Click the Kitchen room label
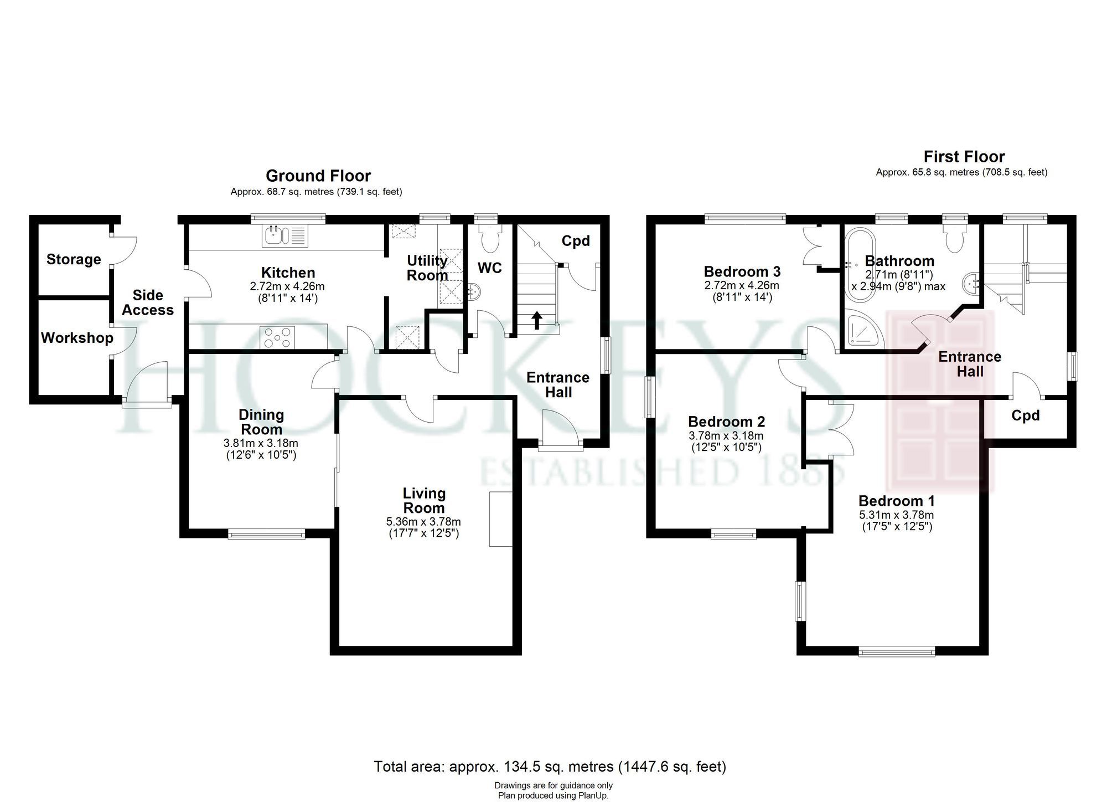(x=288, y=273)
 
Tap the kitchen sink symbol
(x=285, y=237)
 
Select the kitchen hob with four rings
(x=277, y=337)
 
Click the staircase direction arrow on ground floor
(x=536, y=320)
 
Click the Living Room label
(x=424, y=500)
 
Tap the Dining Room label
(x=261, y=422)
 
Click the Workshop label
(x=77, y=337)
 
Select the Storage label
(x=74, y=259)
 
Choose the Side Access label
(x=148, y=302)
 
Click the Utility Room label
(x=427, y=268)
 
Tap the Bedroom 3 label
(x=742, y=271)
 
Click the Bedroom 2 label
(x=726, y=422)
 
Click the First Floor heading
(x=964, y=156)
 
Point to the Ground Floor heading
(x=318, y=176)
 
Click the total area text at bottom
(x=550, y=767)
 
